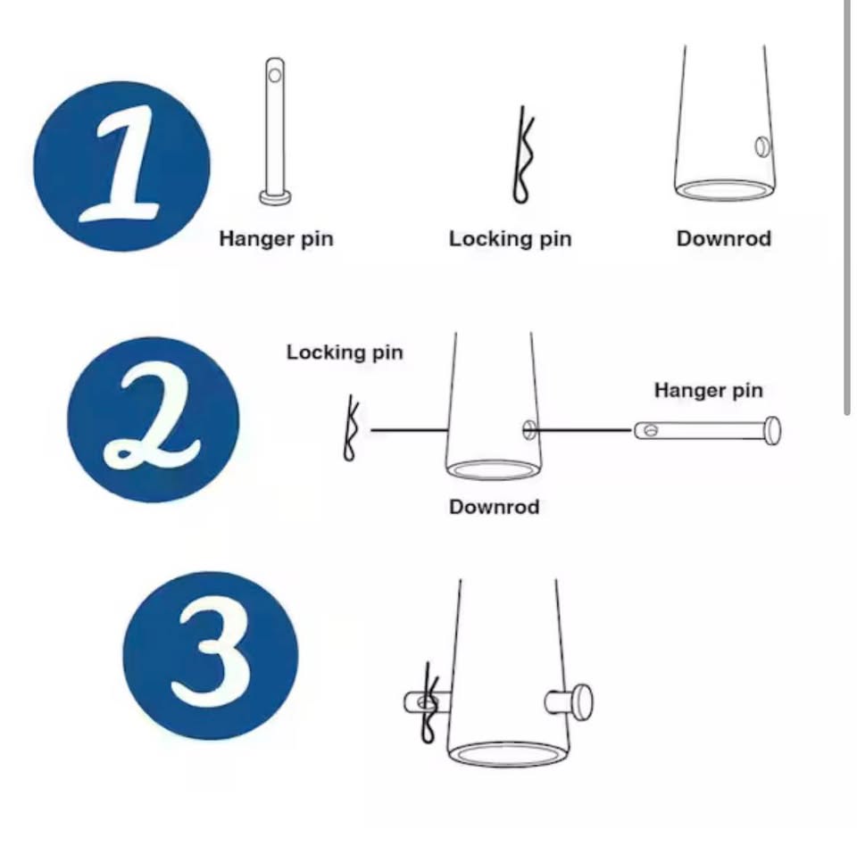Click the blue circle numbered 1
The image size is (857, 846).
coord(121,166)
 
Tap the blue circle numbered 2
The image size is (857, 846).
coord(153,419)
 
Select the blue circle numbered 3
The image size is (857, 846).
coord(211,655)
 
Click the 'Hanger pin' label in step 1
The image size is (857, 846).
coord(276,239)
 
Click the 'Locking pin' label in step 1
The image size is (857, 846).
coord(510,239)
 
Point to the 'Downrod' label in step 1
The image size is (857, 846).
coord(724,238)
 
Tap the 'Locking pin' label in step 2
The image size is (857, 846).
coord(345,352)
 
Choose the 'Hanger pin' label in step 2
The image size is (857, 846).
coord(708,390)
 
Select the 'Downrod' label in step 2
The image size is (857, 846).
coord(494,507)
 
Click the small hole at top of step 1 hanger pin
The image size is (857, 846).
coord(275,74)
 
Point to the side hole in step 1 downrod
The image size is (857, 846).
coord(762,146)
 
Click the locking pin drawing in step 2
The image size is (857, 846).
coord(351,429)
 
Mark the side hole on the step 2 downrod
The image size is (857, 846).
coord(529,429)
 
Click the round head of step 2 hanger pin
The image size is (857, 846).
coord(772,431)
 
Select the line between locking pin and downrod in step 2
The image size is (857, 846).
coord(410,431)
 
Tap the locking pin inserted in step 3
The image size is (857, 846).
coord(429,702)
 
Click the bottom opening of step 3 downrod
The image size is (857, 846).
coord(509,754)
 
